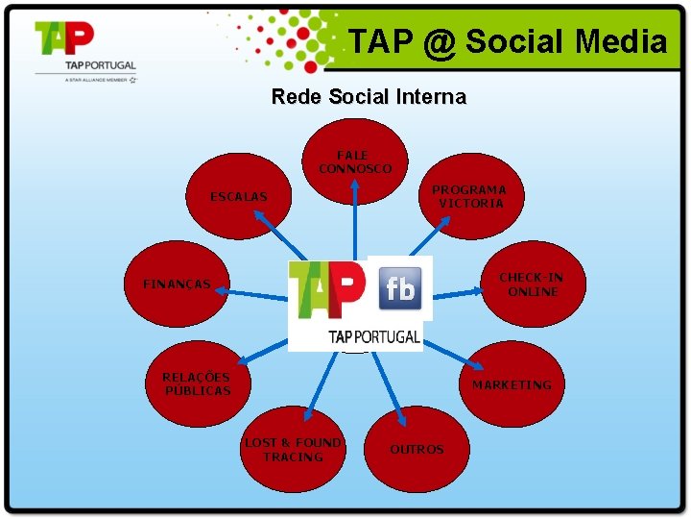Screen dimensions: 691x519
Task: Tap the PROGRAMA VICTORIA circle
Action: click(469, 197)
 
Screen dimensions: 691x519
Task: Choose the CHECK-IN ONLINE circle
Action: click(532, 284)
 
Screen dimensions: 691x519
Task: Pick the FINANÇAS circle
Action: click(177, 284)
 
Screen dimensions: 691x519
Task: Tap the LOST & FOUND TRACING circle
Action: click(293, 450)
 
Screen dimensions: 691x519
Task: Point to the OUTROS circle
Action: click(417, 450)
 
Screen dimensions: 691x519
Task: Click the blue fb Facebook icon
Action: click(400, 288)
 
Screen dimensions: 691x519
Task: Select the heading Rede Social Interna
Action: click(369, 97)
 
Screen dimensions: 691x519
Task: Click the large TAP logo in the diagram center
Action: click(327, 288)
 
